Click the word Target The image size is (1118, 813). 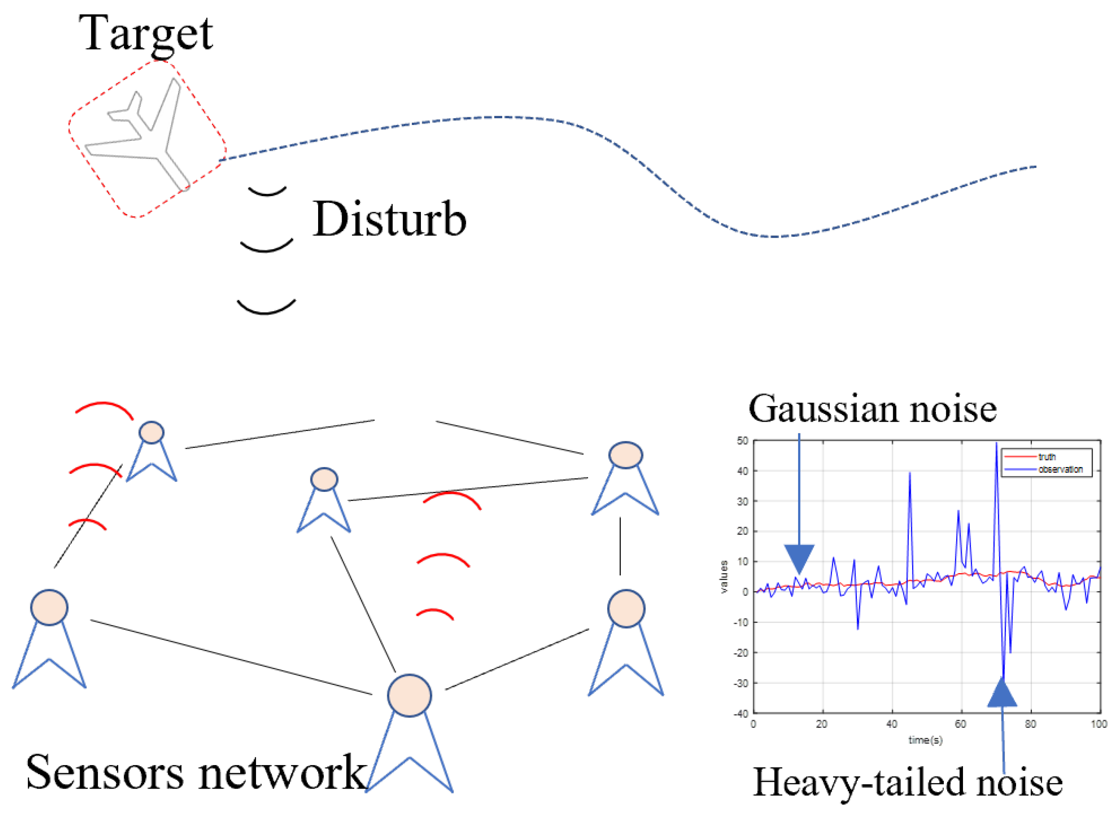(x=146, y=33)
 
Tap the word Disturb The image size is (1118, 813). (x=389, y=219)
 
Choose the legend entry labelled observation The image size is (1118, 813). (x=1060, y=469)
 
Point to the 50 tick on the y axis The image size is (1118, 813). (x=742, y=441)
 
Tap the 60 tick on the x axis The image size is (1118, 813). (x=960, y=724)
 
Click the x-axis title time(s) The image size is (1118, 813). (x=925, y=740)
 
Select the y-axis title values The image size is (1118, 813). (x=724, y=577)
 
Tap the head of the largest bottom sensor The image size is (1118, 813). (x=409, y=695)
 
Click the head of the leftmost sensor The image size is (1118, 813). (x=49, y=608)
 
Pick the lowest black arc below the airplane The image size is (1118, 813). (x=266, y=308)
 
